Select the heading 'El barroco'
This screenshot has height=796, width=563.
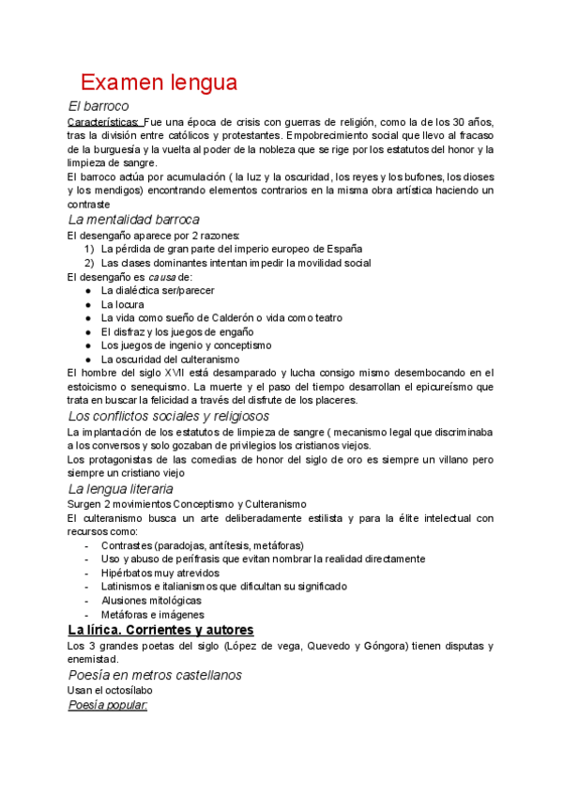(99, 106)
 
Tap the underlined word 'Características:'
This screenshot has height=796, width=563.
(104, 122)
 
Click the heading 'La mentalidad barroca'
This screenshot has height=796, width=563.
(134, 219)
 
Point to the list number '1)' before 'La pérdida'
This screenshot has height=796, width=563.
(88, 249)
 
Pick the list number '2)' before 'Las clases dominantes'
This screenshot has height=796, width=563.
(88, 263)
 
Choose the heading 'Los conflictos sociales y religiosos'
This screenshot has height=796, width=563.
(169, 415)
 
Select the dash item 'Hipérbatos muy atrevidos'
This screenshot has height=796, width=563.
(160, 573)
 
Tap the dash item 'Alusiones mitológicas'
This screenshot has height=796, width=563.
(151, 600)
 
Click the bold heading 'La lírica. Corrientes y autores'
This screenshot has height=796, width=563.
(161, 629)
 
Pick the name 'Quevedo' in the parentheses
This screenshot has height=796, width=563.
(356, 646)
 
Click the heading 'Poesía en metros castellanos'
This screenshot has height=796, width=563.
(156, 674)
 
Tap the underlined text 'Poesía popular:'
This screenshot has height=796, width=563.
(108, 704)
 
